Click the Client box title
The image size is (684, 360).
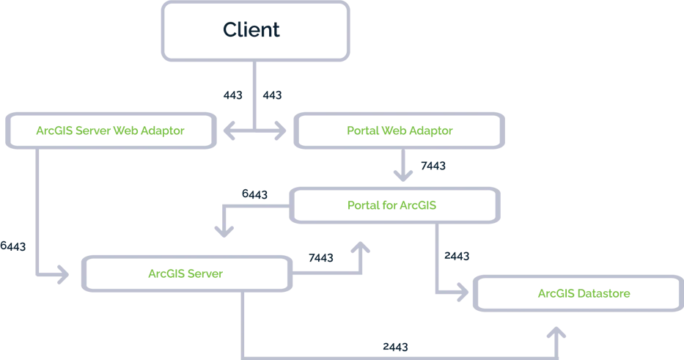point(251,31)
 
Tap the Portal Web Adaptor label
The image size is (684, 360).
point(400,131)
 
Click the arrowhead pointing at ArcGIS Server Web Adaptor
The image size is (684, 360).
point(231,131)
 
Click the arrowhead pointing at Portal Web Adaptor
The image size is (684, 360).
point(279,131)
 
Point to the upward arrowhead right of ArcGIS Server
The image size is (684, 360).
point(361,251)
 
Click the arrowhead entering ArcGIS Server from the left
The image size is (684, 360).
point(60,276)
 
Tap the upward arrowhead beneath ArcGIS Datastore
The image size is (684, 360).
point(559,334)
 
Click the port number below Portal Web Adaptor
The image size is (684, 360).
point(430,165)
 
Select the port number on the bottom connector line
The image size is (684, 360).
point(394,345)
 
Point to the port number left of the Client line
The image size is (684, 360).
point(233,95)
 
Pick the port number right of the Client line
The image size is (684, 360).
point(272,95)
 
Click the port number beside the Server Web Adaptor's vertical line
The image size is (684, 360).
point(15,247)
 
